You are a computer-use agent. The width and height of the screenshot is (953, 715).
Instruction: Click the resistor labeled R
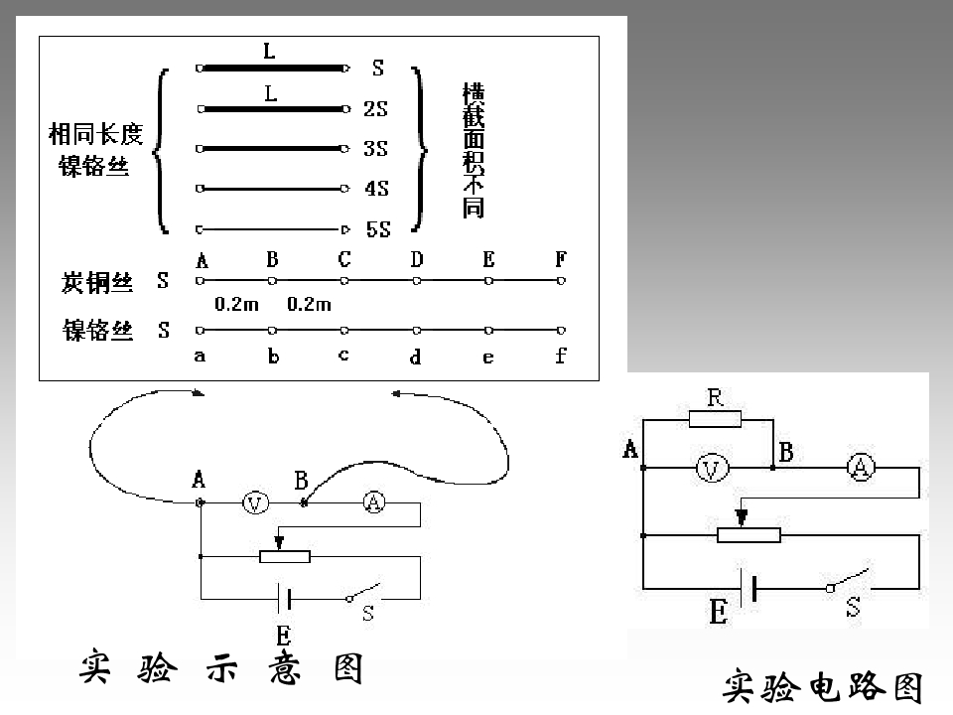(x=715, y=419)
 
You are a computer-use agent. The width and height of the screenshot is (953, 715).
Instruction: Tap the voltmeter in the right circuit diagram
(x=711, y=468)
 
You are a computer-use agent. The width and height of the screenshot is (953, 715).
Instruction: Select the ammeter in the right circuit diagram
(x=861, y=468)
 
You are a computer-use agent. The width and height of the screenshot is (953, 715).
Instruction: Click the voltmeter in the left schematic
(x=255, y=502)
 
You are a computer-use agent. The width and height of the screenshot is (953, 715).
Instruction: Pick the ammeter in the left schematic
(x=374, y=502)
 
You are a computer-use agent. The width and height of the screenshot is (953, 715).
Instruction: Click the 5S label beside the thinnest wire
(x=378, y=229)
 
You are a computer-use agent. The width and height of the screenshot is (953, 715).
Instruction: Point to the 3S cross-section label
(x=375, y=148)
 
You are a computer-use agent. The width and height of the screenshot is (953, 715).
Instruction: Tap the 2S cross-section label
(x=375, y=109)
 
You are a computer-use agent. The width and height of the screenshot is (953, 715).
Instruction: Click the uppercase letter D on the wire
(x=416, y=259)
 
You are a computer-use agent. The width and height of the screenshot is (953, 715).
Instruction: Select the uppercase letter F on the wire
(x=561, y=259)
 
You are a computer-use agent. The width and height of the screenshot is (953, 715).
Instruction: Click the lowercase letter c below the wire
(x=344, y=356)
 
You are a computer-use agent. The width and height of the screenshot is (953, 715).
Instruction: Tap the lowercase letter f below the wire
(x=561, y=355)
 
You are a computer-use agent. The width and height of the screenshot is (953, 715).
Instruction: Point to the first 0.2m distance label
(x=236, y=304)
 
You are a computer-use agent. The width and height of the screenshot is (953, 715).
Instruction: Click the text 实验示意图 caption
(x=221, y=667)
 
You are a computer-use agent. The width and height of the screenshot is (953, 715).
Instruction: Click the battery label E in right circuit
(x=719, y=612)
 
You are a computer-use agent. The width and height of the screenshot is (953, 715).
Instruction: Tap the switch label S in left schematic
(x=368, y=614)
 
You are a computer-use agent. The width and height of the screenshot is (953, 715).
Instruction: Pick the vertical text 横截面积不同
(x=474, y=150)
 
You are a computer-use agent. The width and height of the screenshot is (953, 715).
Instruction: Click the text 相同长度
(x=96, y=134)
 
